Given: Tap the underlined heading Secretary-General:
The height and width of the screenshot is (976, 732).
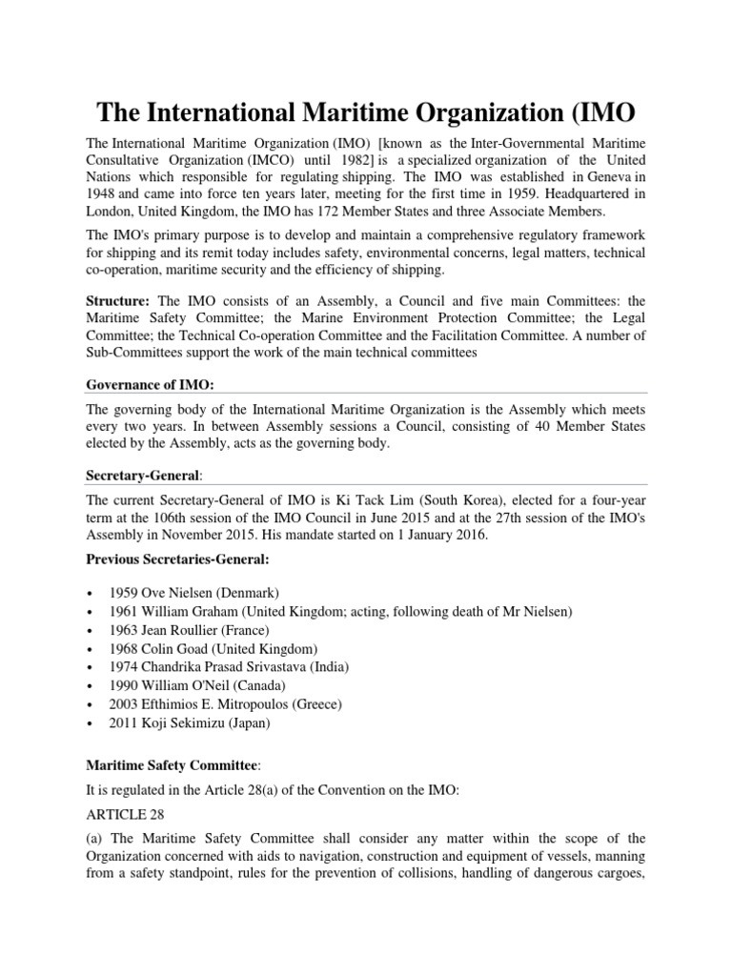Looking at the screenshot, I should point(143,472).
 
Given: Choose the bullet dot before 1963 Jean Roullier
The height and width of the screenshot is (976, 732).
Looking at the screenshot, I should point(90,630).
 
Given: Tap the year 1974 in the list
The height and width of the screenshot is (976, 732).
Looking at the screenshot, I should point(127,667).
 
